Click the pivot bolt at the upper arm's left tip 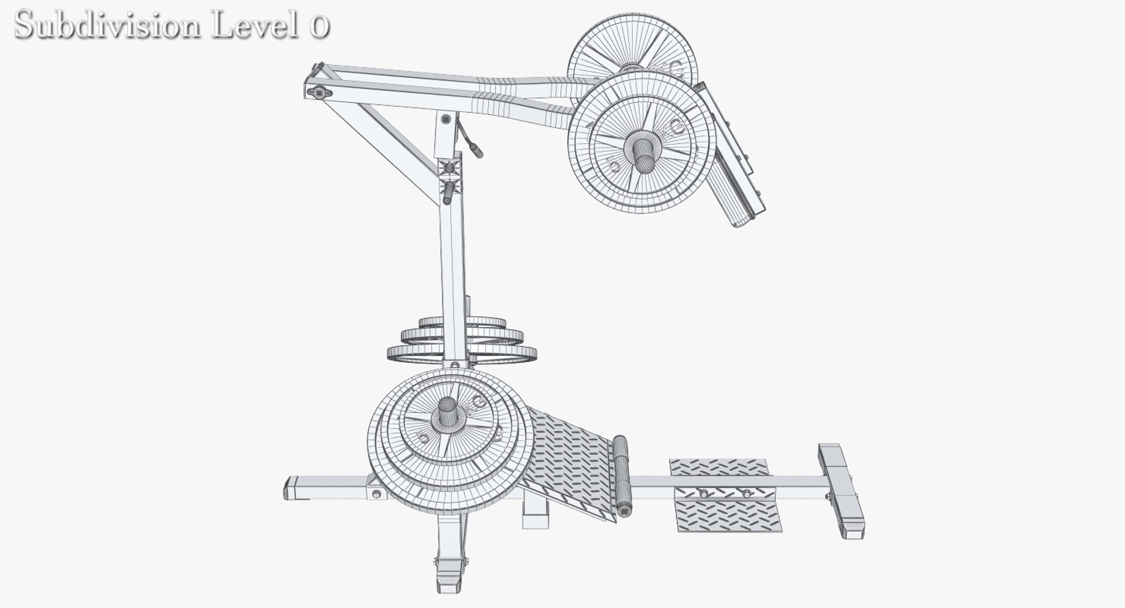pos(319,92)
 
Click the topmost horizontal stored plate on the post pos(463,323)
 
